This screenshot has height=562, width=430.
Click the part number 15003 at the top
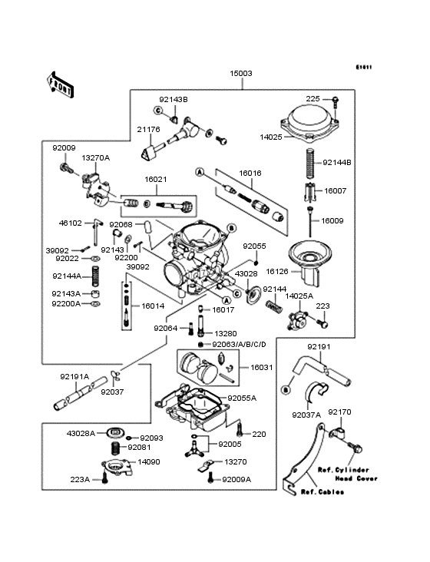(240, 74)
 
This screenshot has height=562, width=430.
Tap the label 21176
(148, 130)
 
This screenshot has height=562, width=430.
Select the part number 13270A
(96, 157)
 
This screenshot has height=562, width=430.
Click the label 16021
(155, 179)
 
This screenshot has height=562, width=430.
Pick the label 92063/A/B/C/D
(235, 345)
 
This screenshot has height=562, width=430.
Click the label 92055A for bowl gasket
(242, 398)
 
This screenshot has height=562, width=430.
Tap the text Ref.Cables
(320, 491)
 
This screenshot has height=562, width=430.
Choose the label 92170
(339, 412)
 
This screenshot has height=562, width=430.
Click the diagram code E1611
(363, 67)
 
